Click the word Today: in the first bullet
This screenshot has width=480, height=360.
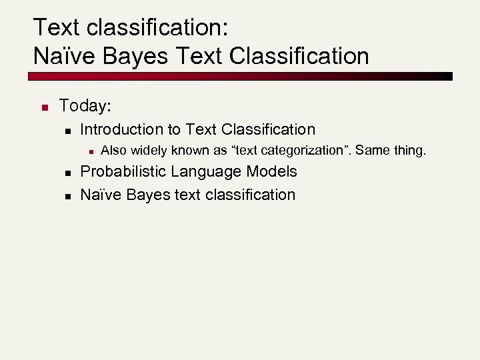point(84,105)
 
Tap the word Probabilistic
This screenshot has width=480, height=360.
point(123,171)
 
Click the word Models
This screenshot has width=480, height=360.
point(272,171)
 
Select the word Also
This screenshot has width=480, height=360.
point(113,151)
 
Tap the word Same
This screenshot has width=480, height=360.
point(371,151)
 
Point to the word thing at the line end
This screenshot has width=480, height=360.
point(408,151)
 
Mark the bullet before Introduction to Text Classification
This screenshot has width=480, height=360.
point(66,131)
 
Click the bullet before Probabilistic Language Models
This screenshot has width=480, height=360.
point(66,173)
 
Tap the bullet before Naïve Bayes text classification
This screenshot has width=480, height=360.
point(66,196)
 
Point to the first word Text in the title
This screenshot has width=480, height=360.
point(57,27)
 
